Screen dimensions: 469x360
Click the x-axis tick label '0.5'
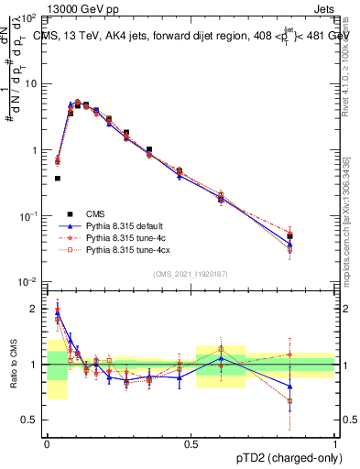tap(191, 443)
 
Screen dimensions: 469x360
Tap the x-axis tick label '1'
tap(335, 443)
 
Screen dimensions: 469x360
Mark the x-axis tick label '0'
tap(47, 443)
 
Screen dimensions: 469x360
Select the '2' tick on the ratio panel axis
tap(35, 309)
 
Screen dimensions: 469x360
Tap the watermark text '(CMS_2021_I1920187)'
tap(191, 274)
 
